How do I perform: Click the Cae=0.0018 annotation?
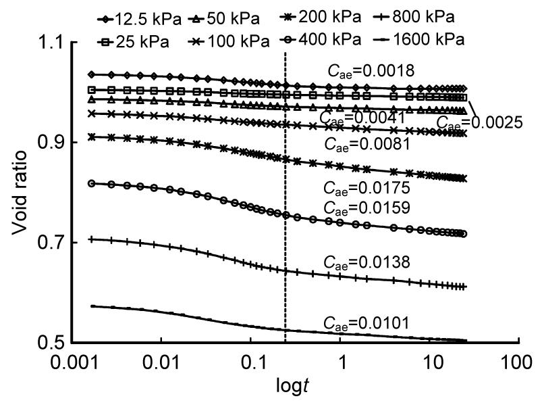pyautogui.click(x=369, y=70)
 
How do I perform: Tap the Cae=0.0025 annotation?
pyautogui.click(x=480, y=122)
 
